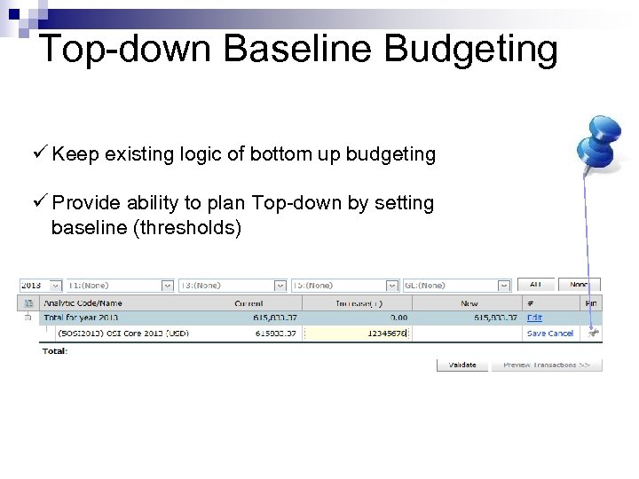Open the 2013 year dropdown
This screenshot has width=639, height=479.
point(41,286)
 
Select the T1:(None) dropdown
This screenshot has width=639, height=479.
point(121,286)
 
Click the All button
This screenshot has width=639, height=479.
point(536,285)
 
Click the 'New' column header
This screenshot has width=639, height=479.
point(469,302)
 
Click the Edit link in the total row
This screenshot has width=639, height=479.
point(534,317)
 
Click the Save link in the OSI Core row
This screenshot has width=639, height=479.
point(536,333)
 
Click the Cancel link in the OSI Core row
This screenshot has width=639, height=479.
point(561,333)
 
